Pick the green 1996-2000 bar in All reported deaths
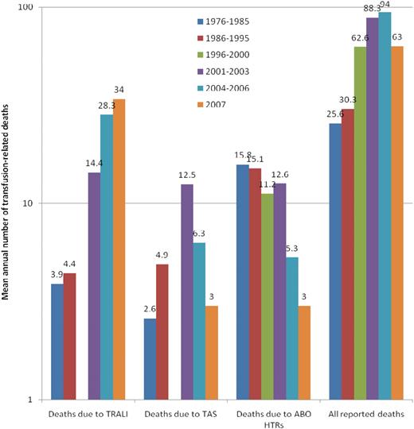click(360, 222)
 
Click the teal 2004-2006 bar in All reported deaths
click(385, 206)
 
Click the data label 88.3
click(372, 10)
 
